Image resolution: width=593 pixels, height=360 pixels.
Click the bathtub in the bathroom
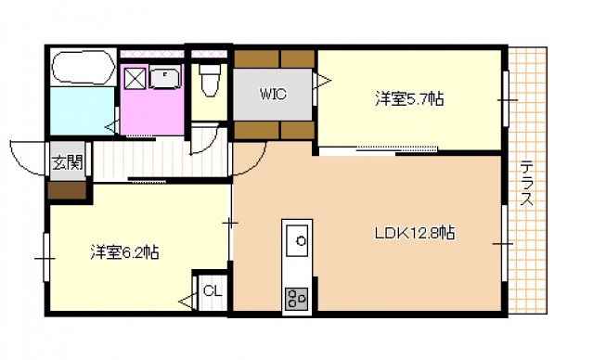click(82, 68)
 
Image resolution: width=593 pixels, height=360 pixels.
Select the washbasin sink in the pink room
click(165, 79)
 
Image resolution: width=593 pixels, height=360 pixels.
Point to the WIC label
click(272, 94)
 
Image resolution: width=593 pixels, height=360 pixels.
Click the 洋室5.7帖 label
click(408, 97)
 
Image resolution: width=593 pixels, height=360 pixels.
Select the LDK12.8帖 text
click(414, 234)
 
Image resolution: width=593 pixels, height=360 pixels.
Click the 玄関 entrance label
click(66, 163)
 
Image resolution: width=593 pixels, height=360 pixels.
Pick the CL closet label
click(213, 291)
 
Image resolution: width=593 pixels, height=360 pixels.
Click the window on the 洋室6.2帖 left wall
click(45, 255)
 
